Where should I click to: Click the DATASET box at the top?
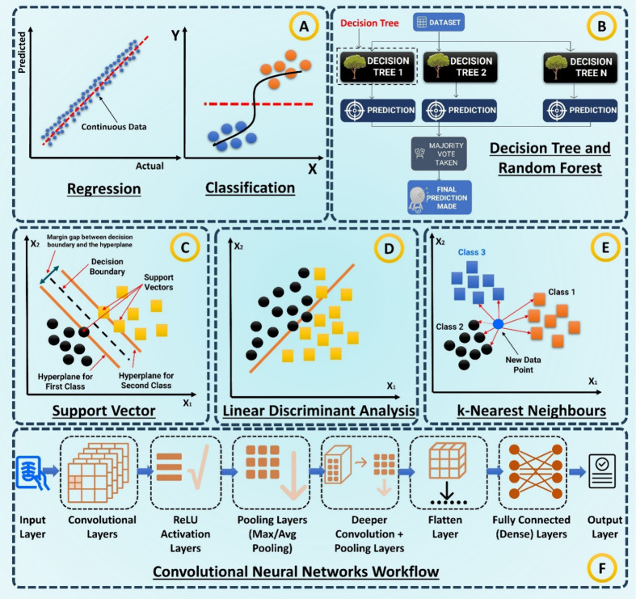(x=439, y=22)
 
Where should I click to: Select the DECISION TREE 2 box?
(x=461, y=67)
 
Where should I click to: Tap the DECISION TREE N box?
(x=580, y=67)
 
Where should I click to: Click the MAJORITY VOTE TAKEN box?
(x=439, y=154)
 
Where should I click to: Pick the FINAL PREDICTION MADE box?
(x=440, y=197)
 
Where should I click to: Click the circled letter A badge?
(x=304, y=27)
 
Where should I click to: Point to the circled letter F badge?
(x=602, y=568)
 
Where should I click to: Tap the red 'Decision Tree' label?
(x=369, y=23)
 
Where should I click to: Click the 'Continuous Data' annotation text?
(x=114, y=127)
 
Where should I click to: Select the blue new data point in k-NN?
(x=498, y=324)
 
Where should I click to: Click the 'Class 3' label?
(x=471, y=252)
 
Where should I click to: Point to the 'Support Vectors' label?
(x=158, y=282)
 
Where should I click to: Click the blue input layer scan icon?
(x=32, y=473)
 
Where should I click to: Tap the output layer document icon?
(x=602, y=470)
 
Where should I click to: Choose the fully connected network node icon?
(x=536, y=471)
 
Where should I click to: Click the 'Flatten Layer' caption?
(x=445, y=527)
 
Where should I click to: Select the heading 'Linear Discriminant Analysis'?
(x=318, y=411)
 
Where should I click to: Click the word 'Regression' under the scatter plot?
(x=103, y=188)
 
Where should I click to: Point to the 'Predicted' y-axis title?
(x=22, y=53)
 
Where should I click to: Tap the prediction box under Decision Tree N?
(x=580, y=111)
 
